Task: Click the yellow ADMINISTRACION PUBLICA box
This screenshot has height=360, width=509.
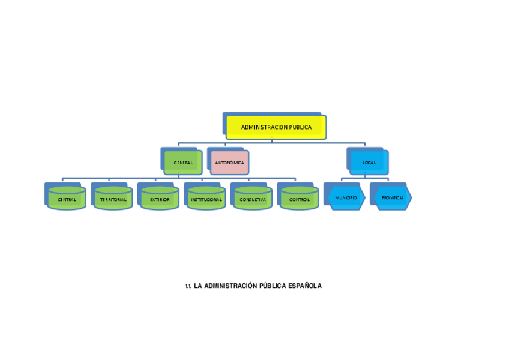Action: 276,127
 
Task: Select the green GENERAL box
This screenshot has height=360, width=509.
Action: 183,163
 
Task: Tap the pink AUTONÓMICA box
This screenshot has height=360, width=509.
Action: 229,163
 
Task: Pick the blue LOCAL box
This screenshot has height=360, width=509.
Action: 369,163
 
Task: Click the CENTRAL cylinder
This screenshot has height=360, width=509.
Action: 67,199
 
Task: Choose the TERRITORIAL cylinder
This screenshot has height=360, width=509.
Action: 113,199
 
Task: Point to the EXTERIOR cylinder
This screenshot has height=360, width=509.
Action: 160,199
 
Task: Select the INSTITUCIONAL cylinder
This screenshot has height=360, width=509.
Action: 206,199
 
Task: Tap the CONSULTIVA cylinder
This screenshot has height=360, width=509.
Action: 253,199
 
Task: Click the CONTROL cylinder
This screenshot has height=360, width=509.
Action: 299,199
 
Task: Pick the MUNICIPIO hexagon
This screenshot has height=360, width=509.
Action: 346,197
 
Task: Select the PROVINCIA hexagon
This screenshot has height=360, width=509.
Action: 393,197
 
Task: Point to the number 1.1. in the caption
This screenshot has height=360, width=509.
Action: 188,286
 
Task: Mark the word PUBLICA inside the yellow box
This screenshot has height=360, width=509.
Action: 300,127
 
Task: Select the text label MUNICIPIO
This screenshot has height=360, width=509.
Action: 346,197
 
